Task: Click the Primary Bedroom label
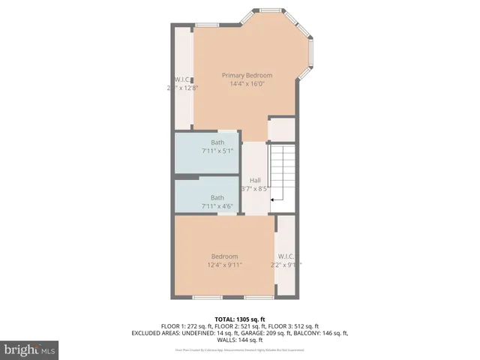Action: point(247,75)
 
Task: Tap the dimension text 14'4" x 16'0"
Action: point(247,84)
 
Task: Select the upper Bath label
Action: point(217,142)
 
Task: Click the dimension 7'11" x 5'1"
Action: point(217,151)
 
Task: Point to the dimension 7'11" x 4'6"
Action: point(217,206)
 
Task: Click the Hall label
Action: point(255,180)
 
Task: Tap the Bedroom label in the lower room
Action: point(223,256)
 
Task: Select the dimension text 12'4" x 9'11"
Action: point(223,265)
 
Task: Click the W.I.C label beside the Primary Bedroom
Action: point(181,79)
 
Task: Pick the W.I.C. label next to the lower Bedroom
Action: point(286,256)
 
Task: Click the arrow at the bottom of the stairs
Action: point(275,200)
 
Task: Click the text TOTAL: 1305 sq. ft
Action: point(240,319)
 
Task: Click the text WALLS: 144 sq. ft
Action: point(240,340)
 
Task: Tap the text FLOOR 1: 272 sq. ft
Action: point(187,326)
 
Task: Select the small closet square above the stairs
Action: point(281,130)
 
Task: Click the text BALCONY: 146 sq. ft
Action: point(321,333)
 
